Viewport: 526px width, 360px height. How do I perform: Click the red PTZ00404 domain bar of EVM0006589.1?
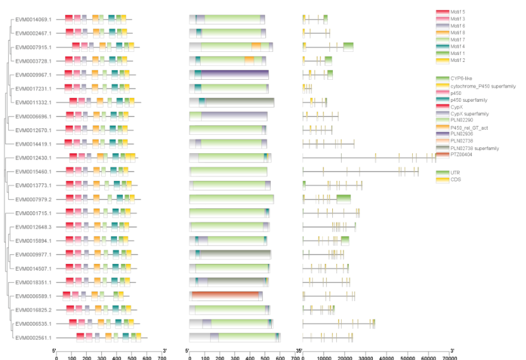tap(225, 296)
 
